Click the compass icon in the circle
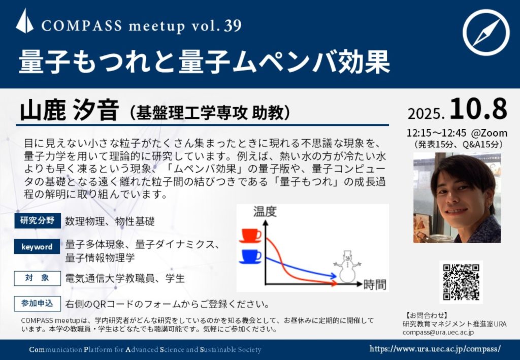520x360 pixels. [x=486, y=32]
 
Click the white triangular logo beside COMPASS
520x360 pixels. [x=24, y=21]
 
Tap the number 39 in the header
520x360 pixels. [x=233, y=25]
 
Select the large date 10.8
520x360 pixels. [x=478, y=109]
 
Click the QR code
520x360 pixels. [x=461, y=282]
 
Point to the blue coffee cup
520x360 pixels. [x=250, y=256]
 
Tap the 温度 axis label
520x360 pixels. [x=265, y=212]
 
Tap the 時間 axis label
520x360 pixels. [x=375, y=284]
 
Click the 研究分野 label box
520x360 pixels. [x=38, y=221]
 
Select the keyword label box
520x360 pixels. [x=37, y=247]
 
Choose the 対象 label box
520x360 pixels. [x=38, y=278]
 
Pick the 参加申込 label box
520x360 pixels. [x=38, y=303]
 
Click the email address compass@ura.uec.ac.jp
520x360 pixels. [x=438, y=332]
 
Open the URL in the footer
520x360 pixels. [x=435, y=349]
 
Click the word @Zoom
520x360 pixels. [x=489, y=133]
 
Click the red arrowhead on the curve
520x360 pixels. [x=334, y=283]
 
